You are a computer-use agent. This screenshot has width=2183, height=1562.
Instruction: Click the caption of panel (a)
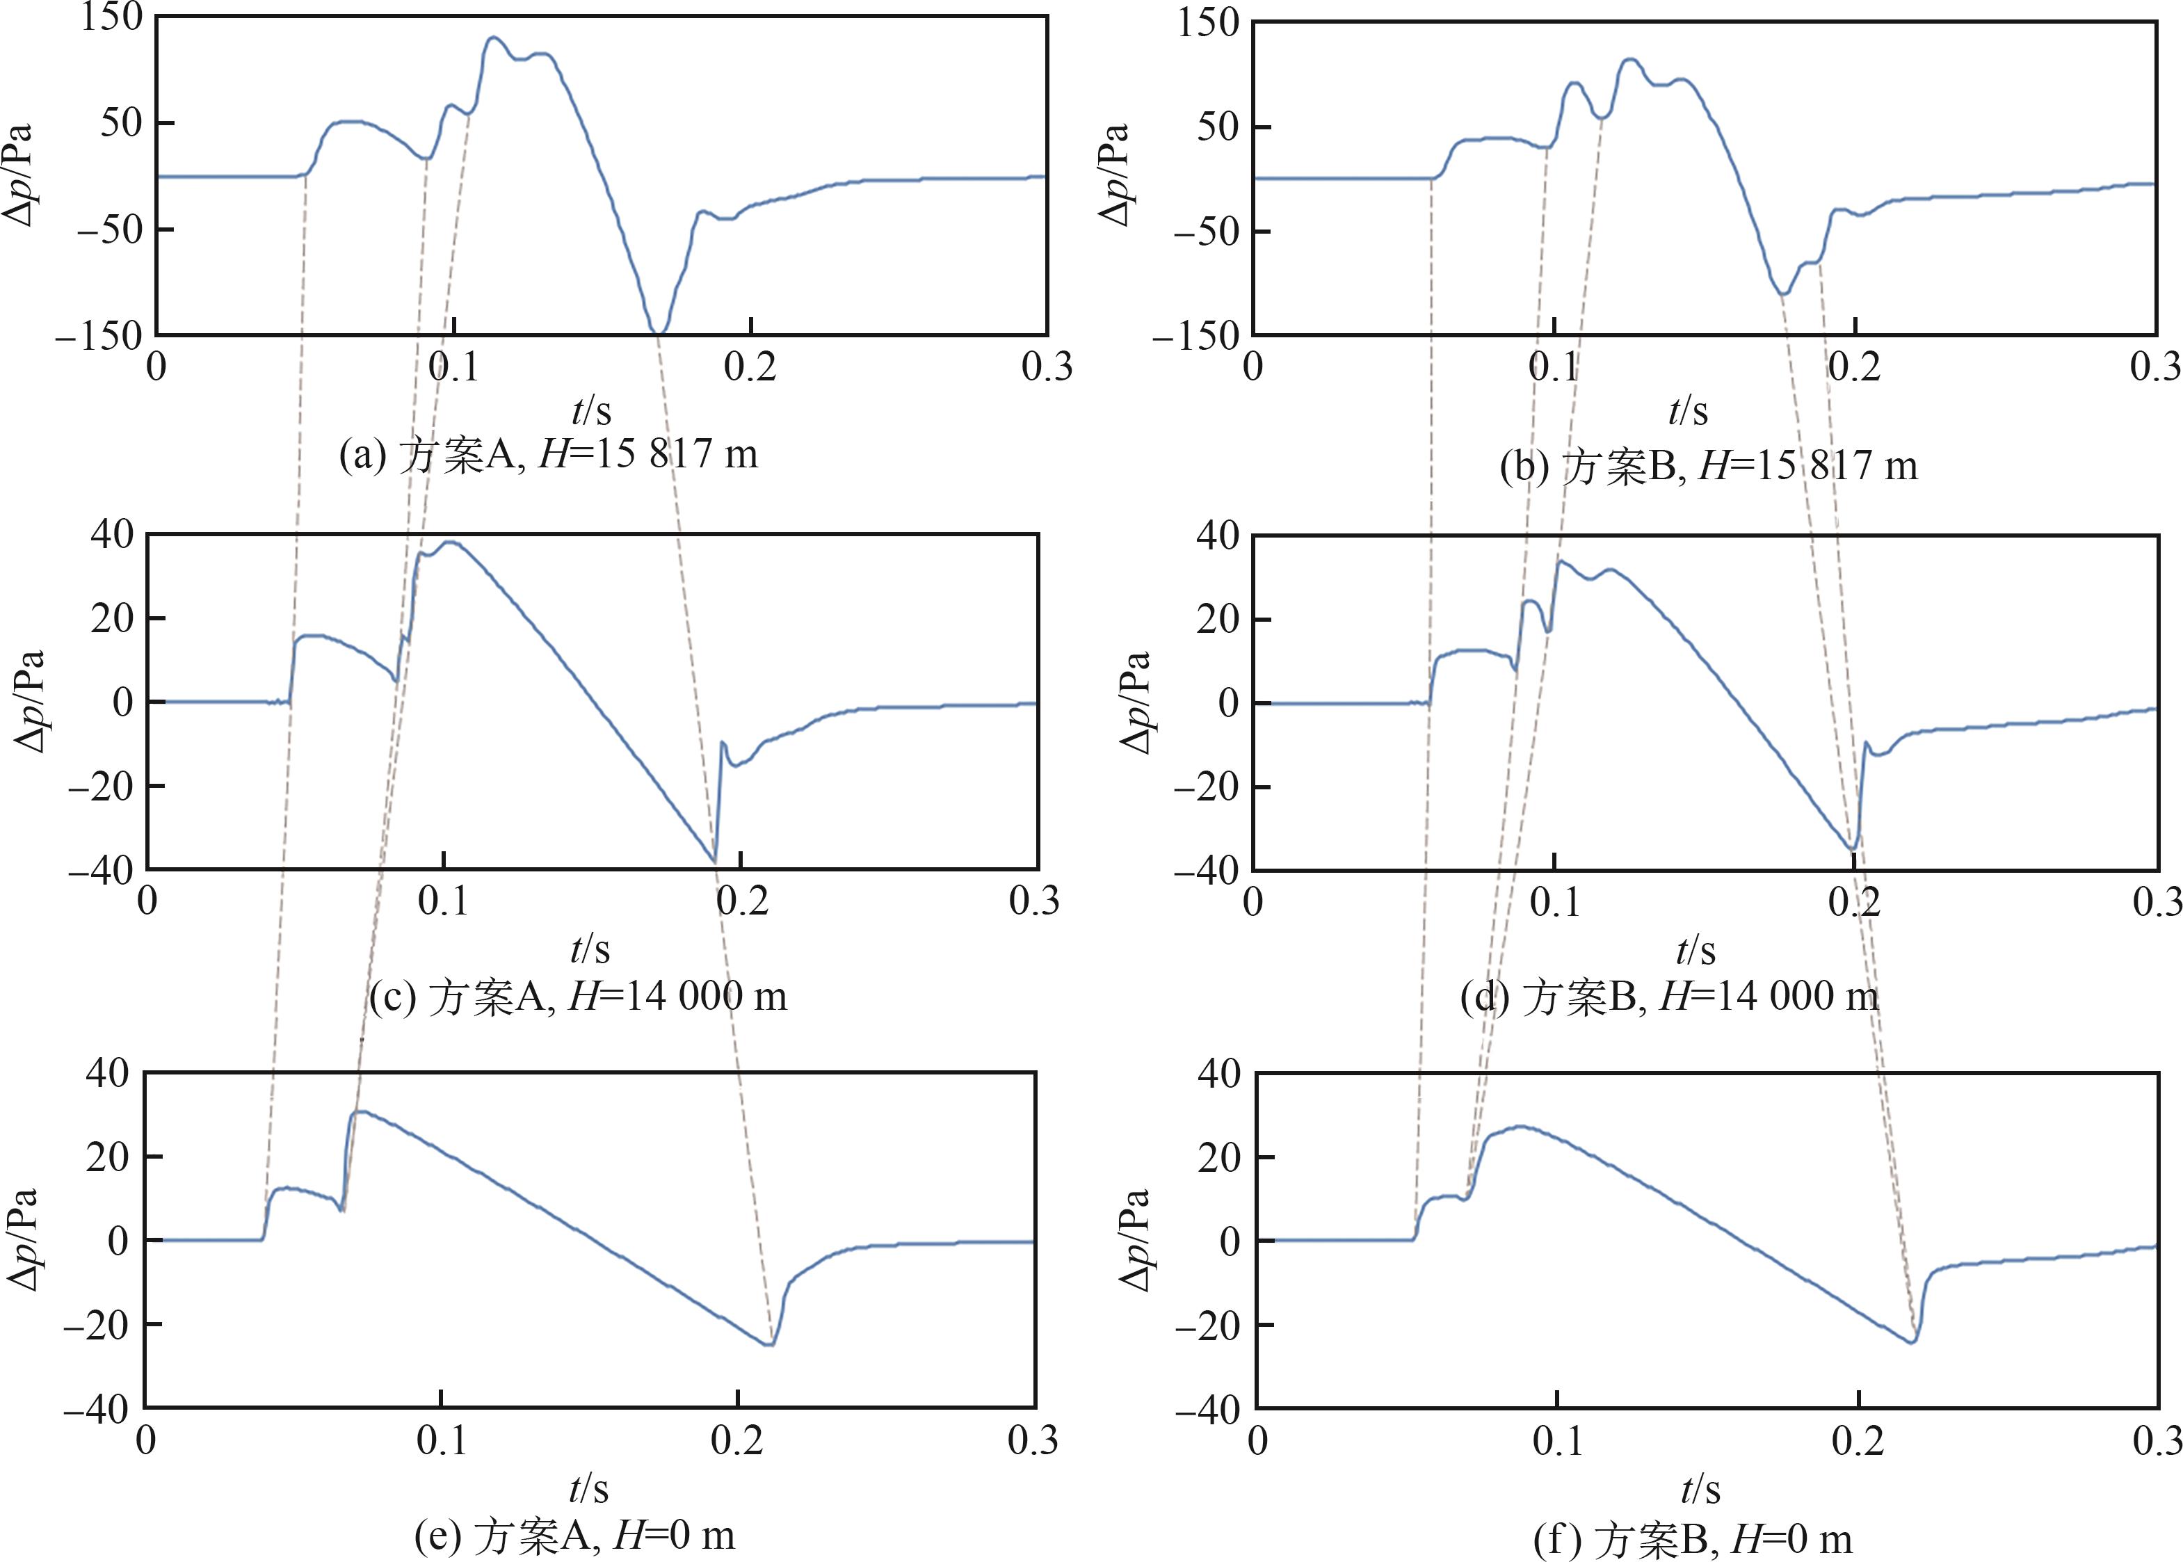548,454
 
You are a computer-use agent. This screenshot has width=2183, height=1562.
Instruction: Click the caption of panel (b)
1708,467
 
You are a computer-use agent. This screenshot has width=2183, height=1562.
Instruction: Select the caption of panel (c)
578,997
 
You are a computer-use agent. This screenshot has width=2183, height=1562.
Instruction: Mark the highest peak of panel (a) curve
493,38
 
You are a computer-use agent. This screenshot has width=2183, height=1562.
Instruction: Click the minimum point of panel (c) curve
714,861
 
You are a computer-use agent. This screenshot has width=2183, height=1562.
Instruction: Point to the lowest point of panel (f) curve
1912,1342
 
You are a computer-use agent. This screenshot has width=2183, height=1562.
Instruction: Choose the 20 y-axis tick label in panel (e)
108,1156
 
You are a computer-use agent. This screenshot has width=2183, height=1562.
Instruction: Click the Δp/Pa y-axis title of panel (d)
1136,702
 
